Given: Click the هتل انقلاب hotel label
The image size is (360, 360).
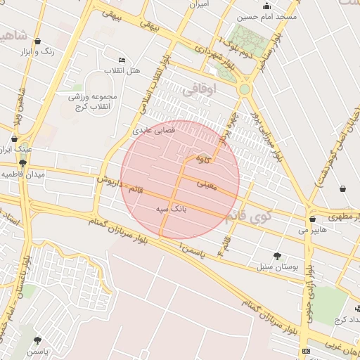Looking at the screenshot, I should click(123, 71).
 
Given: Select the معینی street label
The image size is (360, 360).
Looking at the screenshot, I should click(206, 185).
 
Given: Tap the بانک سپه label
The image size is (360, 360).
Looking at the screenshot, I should click(172, 209).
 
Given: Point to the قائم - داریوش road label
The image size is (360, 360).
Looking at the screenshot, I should click(120, 184).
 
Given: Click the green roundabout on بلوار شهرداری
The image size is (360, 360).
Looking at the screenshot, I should click(244, 90).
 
